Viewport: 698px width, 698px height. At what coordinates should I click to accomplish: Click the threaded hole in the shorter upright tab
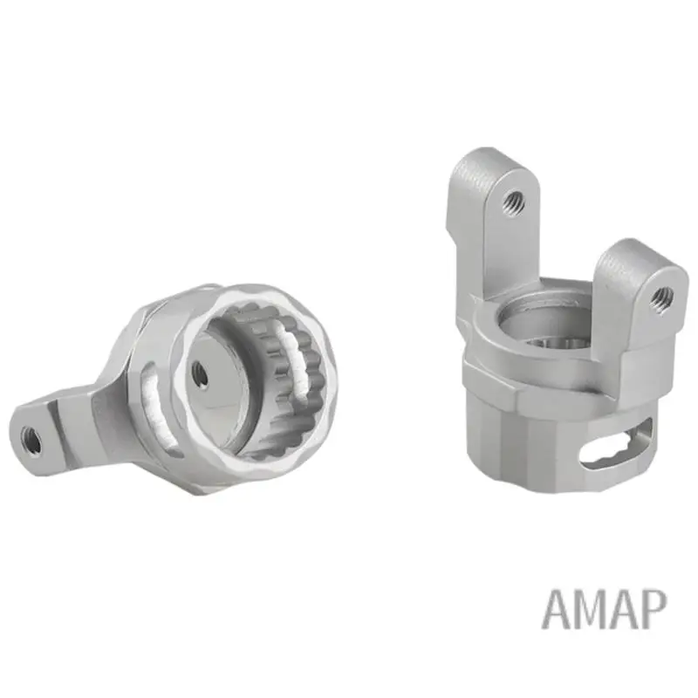click(x=662, y=297)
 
